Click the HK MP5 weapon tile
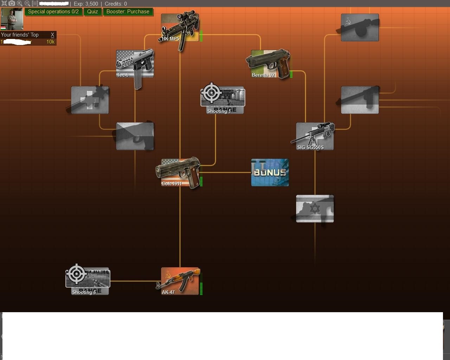(x=180, y=28)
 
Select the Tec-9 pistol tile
(x=135, y=64)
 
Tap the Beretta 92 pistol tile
(x=270, y=64)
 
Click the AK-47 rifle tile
(x=180, y=281)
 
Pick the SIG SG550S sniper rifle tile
(x=315, y=136)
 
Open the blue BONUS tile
(x=270, y=173)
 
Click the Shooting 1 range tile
(x=222, y=100)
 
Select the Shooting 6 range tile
(x=88, y=281)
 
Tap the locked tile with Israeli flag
(x=315, y=209)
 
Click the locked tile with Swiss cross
(x=90, y=100)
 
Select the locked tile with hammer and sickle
(x=360, y=28)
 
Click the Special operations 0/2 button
(x=53, y=12)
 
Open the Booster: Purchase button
(x=128, y=12)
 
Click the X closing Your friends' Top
(x=52, y=35)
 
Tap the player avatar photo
(x=12, y=19)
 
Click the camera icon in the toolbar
(x=12, y=4)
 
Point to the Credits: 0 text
(x=116, y=4)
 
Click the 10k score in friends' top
(x=50, y=42)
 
